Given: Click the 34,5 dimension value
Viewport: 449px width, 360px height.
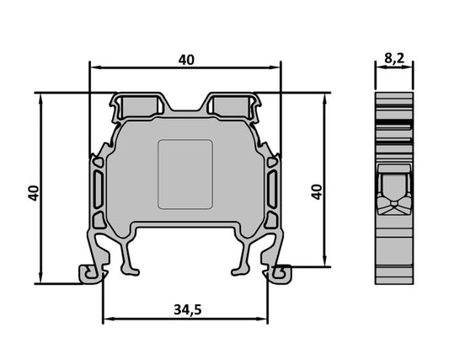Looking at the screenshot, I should click(x=187, y=309).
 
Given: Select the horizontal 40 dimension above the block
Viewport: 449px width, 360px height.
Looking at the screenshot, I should click(x=186, y=60).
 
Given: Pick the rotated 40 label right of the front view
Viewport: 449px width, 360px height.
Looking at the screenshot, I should click(x=317, y=191).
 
